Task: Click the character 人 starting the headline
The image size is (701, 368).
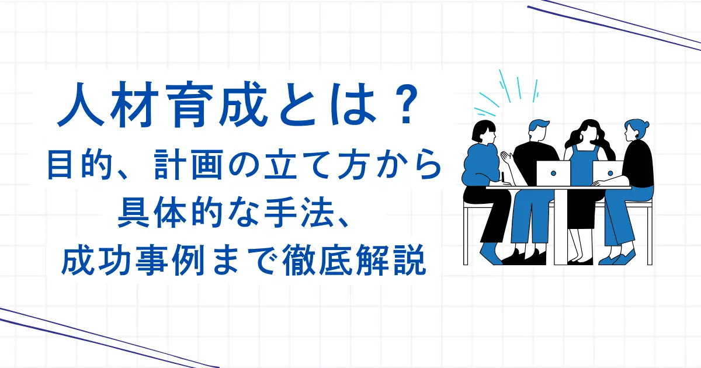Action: pyautogui.click(x=80, y=104)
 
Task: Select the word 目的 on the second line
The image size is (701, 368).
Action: pyautogui.click(x=80, y=165)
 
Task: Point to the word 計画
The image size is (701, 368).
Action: pyautogui.click(x=188, y=165)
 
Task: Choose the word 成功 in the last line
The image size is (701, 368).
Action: pyautogui.click(x=96, y=260)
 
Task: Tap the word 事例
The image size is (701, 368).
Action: pyautogui.click(x=169, y=260)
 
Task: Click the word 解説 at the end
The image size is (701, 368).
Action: pyautogui.click(x=390, y=260)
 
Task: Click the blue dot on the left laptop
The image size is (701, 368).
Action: pyautogui.click(x=553, y=173)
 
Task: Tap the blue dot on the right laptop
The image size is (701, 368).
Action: pyautogui.click(x=610, y=173)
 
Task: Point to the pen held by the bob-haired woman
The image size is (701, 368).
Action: pyautogui.click(x=503, y=177)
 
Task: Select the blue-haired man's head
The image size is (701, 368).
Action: pyautogui.click(x=538, y=130)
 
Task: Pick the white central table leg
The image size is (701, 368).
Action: pyautogui.click(x=560, y=227)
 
